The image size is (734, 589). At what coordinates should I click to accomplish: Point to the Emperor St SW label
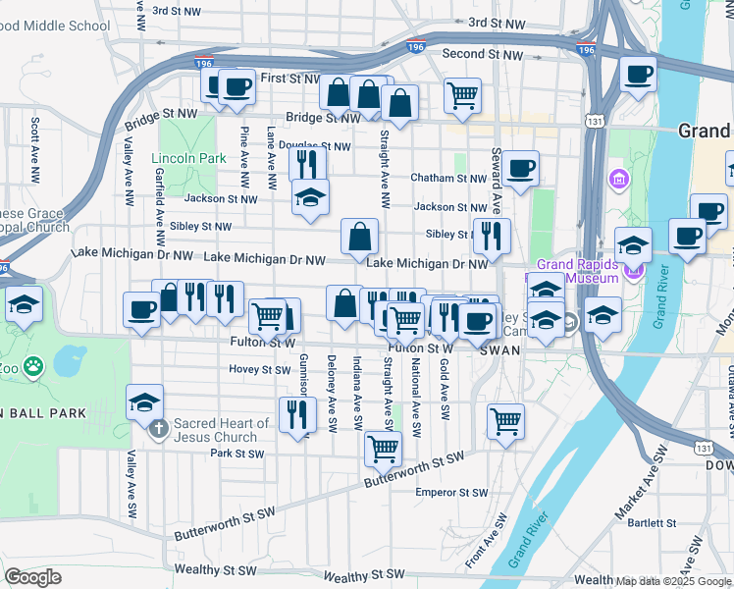tap(451, 492)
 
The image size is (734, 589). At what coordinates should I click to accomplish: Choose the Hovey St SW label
tap(260, 370)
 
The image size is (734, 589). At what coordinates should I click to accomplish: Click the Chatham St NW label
tap(448, 179)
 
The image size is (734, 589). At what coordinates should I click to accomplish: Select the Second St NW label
tap(483, 54)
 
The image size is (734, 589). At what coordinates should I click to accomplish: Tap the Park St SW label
tap(237, 454)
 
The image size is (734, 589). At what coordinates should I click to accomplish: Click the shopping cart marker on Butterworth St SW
tap(383, 449)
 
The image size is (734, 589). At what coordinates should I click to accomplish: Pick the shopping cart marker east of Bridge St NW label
tap(462, 96)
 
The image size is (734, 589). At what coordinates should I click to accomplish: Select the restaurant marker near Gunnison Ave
tap(297, 413)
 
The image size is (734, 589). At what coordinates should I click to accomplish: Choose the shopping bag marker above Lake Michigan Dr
tap(360, 236)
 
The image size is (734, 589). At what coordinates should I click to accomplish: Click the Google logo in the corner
tap(33, 577)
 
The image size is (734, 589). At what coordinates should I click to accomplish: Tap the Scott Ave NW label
tap(35, 150)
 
